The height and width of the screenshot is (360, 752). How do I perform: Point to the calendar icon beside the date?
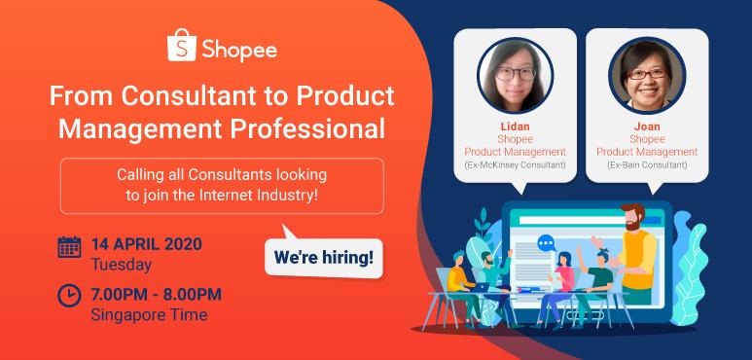click(x=69, y=246)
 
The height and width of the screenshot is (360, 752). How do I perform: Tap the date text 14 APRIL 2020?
click(x=146, y=243)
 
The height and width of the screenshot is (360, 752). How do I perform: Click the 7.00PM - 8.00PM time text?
click(x=156, y=294)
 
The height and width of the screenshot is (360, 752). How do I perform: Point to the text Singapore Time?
click(x=148, y=314)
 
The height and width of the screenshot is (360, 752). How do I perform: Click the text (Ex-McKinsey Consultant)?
click(x=515, y=165)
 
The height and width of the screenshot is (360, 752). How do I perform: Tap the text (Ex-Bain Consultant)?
click(x=648, y=165)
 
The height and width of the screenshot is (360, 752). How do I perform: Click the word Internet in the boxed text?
click(x=278, y=195)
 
